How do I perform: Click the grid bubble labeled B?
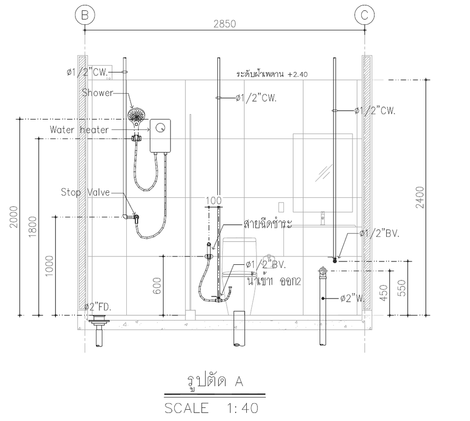pos(85,15)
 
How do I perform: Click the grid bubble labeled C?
pos(364,15)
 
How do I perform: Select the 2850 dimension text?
pos(225,24)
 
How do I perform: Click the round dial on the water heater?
pos(161,128)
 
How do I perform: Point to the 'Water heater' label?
pos(79,130)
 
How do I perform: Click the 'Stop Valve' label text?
pos(85,192)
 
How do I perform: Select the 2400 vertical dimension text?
pos(420,197)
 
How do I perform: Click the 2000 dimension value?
pos(14,217)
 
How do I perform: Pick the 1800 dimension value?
pos(33,227)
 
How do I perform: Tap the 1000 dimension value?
pos(49,266)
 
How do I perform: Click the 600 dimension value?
pos(157,286)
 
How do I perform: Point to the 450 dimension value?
pos(384,293)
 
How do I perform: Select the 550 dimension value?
pos(402,288)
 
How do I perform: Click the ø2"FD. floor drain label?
pos(98,307)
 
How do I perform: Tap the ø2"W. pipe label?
pos(352,299)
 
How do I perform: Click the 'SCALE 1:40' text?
pos(211,408)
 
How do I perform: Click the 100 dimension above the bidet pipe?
pos(214,201)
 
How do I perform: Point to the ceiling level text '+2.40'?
pos(298,74)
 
